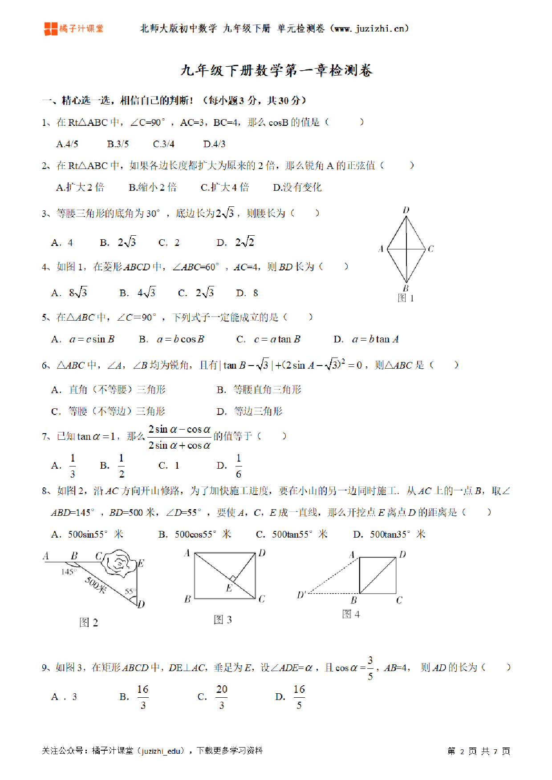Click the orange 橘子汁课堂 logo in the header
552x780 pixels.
pos(74,29)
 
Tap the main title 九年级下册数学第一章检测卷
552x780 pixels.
pos(276,71)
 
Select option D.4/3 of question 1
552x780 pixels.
pos(214,144)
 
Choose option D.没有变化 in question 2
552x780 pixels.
pos(297,187)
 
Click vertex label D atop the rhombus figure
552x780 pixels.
pos(406,210)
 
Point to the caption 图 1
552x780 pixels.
pos(406,298)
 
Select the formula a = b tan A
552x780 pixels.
pos(375,339)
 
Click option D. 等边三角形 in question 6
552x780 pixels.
pos(250,411)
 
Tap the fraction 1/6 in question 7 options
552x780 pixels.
pos(239,466)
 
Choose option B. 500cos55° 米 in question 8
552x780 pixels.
pos(195,534)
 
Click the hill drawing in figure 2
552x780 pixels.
pos(119,563)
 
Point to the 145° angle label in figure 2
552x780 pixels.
pos(69,571)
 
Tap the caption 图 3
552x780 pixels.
pos(223,619)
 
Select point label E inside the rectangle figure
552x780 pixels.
pos(229,588)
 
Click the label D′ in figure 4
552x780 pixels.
pos(302,595)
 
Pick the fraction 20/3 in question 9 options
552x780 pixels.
pos(222,697)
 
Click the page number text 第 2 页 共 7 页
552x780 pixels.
pos(479,751)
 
